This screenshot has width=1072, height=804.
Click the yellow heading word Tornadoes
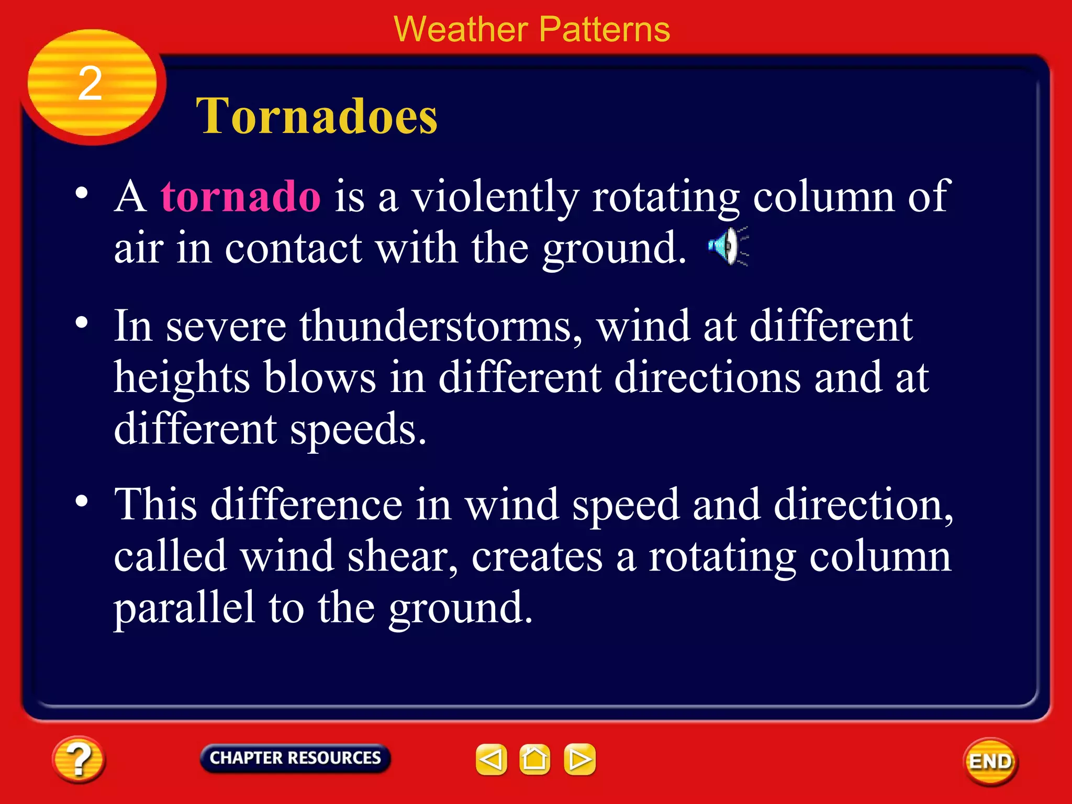tap(316, 116)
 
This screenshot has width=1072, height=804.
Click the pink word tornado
tap(240, 196)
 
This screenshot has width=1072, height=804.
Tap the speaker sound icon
tap(728, 246)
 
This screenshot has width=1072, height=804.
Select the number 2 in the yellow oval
tap(90, 84)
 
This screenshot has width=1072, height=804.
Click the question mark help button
tap(79, 760)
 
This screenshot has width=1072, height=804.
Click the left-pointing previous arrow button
tap(491, 760)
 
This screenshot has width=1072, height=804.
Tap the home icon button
tap(534, 760)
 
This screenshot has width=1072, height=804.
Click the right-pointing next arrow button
tap(579, 760)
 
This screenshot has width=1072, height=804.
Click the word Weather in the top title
tap(461, 29)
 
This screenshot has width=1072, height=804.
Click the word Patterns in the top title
tap(604, 29)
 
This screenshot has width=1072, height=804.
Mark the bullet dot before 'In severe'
tap(82, 322)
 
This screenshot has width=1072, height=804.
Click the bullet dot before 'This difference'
tap(82, 501)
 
